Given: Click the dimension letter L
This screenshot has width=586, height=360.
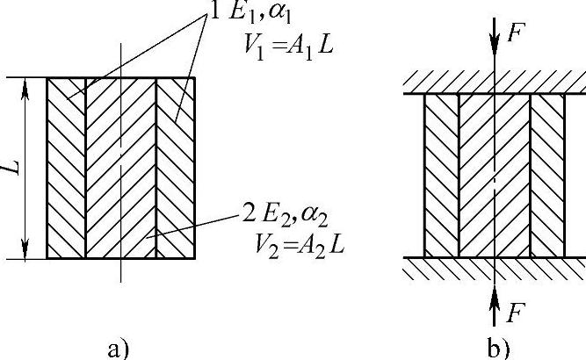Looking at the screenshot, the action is [x=16, y=168].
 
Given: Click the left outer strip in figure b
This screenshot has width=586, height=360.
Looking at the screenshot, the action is [x=442, y=176].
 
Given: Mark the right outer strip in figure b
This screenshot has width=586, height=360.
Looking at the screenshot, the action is [x=546, y=176].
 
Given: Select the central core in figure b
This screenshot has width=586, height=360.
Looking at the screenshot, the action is [x=495, y=176].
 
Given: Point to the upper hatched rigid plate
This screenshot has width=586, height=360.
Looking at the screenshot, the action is [x=495, y=84].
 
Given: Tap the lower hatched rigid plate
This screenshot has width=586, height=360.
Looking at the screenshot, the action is [x=495, y=267].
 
